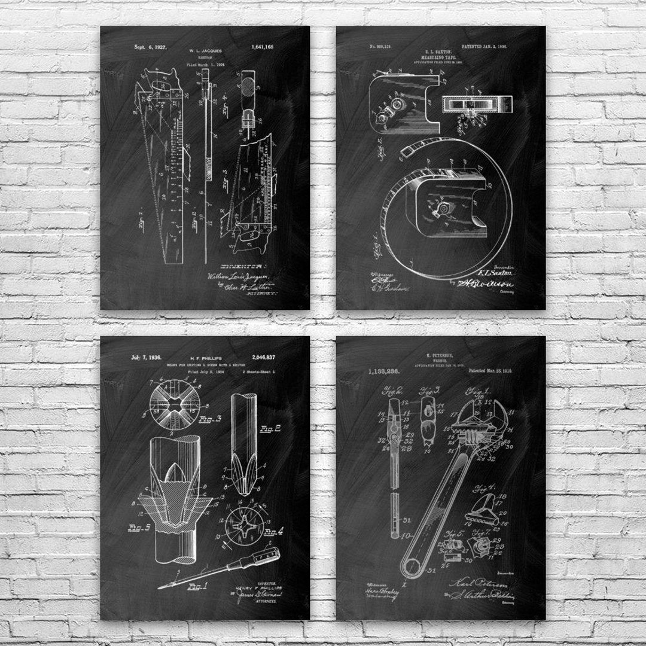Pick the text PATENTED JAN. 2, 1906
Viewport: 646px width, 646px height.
coord(503,46)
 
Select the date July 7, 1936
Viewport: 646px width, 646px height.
coord(147,358)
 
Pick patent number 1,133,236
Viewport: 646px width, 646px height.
coord(374,371)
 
